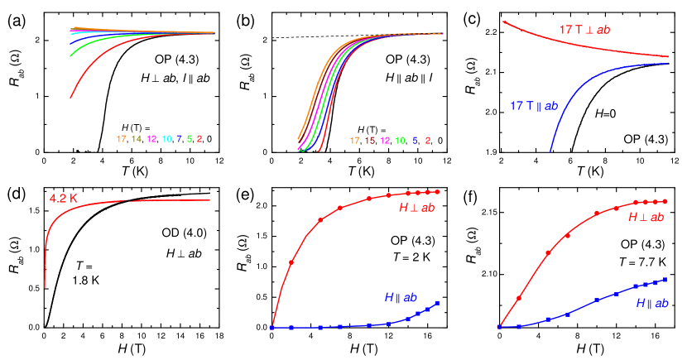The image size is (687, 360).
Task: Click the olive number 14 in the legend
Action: tap(137, 139)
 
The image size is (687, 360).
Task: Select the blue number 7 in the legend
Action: tap(179, 139)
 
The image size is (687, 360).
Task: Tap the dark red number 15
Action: tap(370, 141)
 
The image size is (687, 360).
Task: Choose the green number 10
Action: tap(400, 141)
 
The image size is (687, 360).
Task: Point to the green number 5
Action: tap(189, 139)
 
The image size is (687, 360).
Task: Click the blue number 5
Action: tap(415, 141)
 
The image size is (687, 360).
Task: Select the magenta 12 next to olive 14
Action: tap(151, 139)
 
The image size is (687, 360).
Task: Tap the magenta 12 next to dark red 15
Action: tap(385, 141)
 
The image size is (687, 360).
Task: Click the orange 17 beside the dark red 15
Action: tap(355, 141)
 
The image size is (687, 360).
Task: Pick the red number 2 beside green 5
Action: tap(199, 139)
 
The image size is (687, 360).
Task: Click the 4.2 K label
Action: tap(63, 199)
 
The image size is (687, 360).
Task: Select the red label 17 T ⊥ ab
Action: tap(584, 30)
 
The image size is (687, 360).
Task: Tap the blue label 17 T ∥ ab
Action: tap(533, 106)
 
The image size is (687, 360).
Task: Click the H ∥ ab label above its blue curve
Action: tap(401, 297)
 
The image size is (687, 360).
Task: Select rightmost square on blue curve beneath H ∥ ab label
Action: tap(437, 303)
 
